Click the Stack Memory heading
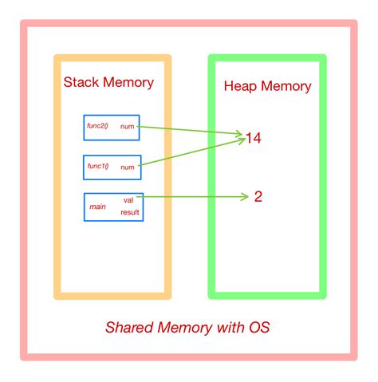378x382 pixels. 108,83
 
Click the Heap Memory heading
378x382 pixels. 267,87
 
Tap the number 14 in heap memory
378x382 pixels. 253,139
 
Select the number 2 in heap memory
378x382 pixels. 258,196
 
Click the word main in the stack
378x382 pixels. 97,207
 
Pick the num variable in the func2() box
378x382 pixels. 128,127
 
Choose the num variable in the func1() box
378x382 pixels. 128,167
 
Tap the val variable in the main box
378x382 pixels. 128,199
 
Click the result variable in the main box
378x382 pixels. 130,213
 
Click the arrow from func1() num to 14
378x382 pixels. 191,154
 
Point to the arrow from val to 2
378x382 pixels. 191,196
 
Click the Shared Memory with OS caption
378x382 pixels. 189,329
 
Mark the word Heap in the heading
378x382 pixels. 241,87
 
